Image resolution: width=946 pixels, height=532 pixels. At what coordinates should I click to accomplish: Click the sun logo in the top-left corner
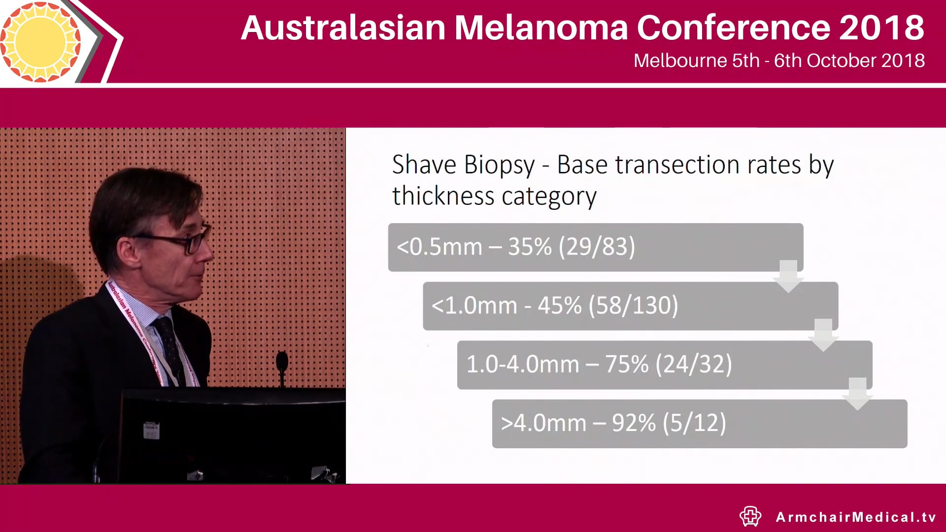[x=40, y=41]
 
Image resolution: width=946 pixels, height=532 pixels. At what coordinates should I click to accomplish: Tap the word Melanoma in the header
[x=541, y=28]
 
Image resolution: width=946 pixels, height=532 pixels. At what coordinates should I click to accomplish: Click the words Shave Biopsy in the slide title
[x=463, y=165]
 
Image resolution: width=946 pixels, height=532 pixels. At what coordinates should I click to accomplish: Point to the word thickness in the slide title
[x=443, y=196]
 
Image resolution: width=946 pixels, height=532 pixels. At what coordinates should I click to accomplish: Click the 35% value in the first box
[x=530, y=247]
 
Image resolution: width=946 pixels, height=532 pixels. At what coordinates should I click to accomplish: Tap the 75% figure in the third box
[x=627, y=365]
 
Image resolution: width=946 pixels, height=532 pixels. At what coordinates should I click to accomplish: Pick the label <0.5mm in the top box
[x=439, y=247]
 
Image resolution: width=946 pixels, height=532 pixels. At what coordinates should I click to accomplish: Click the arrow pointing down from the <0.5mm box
[x=788, y=276]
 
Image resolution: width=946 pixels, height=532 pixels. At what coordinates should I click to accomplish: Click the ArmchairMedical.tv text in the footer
[x=856, y=517]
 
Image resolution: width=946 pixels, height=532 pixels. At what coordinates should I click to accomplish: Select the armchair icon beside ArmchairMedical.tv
[x=750, y=516]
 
